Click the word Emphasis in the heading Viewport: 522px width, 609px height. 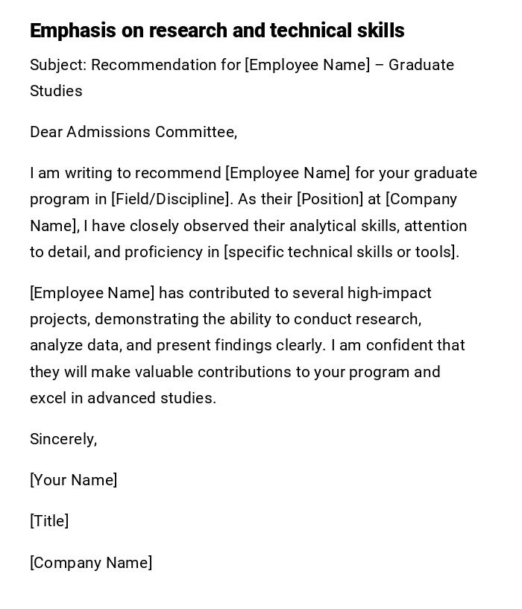[73, 31]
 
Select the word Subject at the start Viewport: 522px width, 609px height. [57, 65]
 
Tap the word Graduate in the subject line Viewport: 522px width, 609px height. [421, 65]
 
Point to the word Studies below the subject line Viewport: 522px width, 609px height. [56, 91]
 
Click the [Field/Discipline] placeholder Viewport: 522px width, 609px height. [171, 199]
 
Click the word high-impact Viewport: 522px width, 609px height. [389, 293]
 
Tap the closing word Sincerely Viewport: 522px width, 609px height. [63, 439]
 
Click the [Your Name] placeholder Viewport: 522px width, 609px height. [74, 480]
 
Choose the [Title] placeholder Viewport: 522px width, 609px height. [49, 521]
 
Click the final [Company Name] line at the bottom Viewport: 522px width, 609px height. [91, 563]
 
